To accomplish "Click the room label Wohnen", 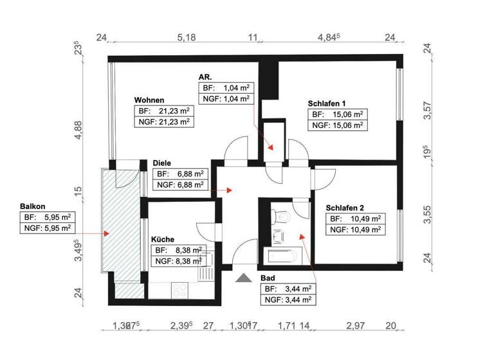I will click(x=149, y=100).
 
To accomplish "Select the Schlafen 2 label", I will click(x=345, y=208).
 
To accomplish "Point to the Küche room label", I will click(x=162, y=239).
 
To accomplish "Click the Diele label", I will click(x=161, y=163).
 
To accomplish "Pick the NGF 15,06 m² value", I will click(x=338, y=125).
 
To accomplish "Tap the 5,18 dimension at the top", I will click(x=186, y=38).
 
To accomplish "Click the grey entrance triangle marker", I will click(x=244, y=277).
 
